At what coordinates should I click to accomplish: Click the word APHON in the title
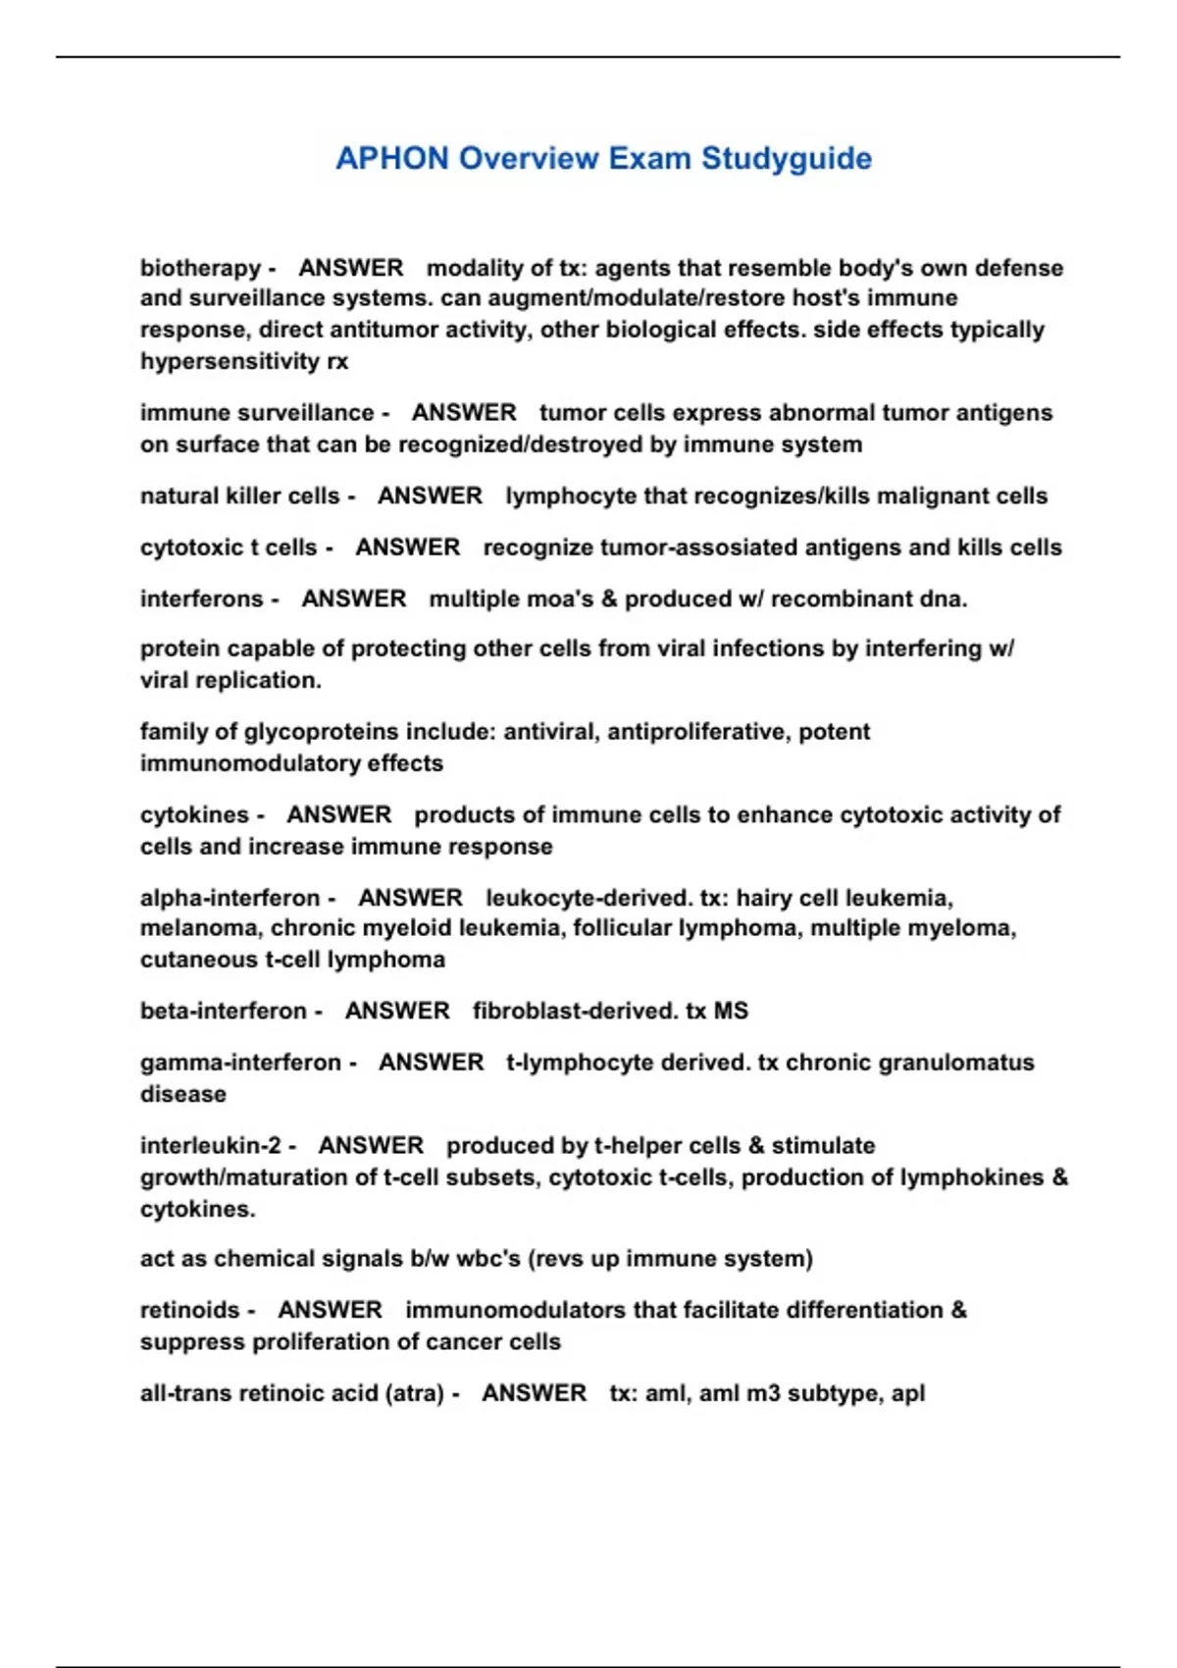tap(391, 158)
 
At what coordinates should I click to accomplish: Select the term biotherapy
tap(200, 268)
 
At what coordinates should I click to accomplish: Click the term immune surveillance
tap(257, 412)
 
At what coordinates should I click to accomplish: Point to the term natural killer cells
tap(240, 495)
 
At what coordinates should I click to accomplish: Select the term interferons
tap(202, 599)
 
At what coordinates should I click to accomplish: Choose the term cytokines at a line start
tap(195, 814)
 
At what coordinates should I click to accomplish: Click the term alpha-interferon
tap(230, 898)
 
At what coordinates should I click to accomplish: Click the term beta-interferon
tap(224, 1011)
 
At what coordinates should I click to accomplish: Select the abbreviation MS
tap(731, 1011)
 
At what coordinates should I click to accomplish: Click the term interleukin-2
tap(211, 1145)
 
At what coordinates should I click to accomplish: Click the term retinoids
tap(190, 1310)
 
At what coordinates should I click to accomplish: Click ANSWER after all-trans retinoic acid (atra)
tap(535, 1393)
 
